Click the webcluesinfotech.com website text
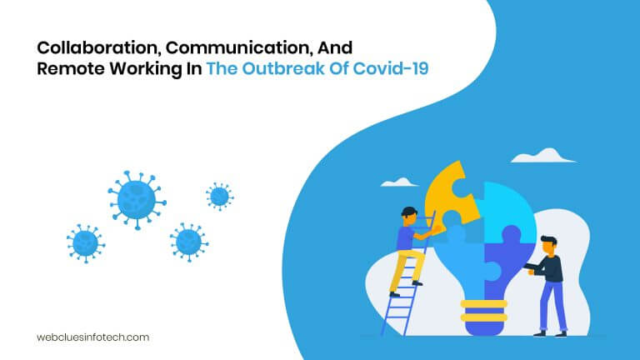click(x=92, y=337)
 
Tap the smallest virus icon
click(x=219, y=196)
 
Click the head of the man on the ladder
click(x=408, y=215)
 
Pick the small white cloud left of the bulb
click(x=400, y=182)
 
